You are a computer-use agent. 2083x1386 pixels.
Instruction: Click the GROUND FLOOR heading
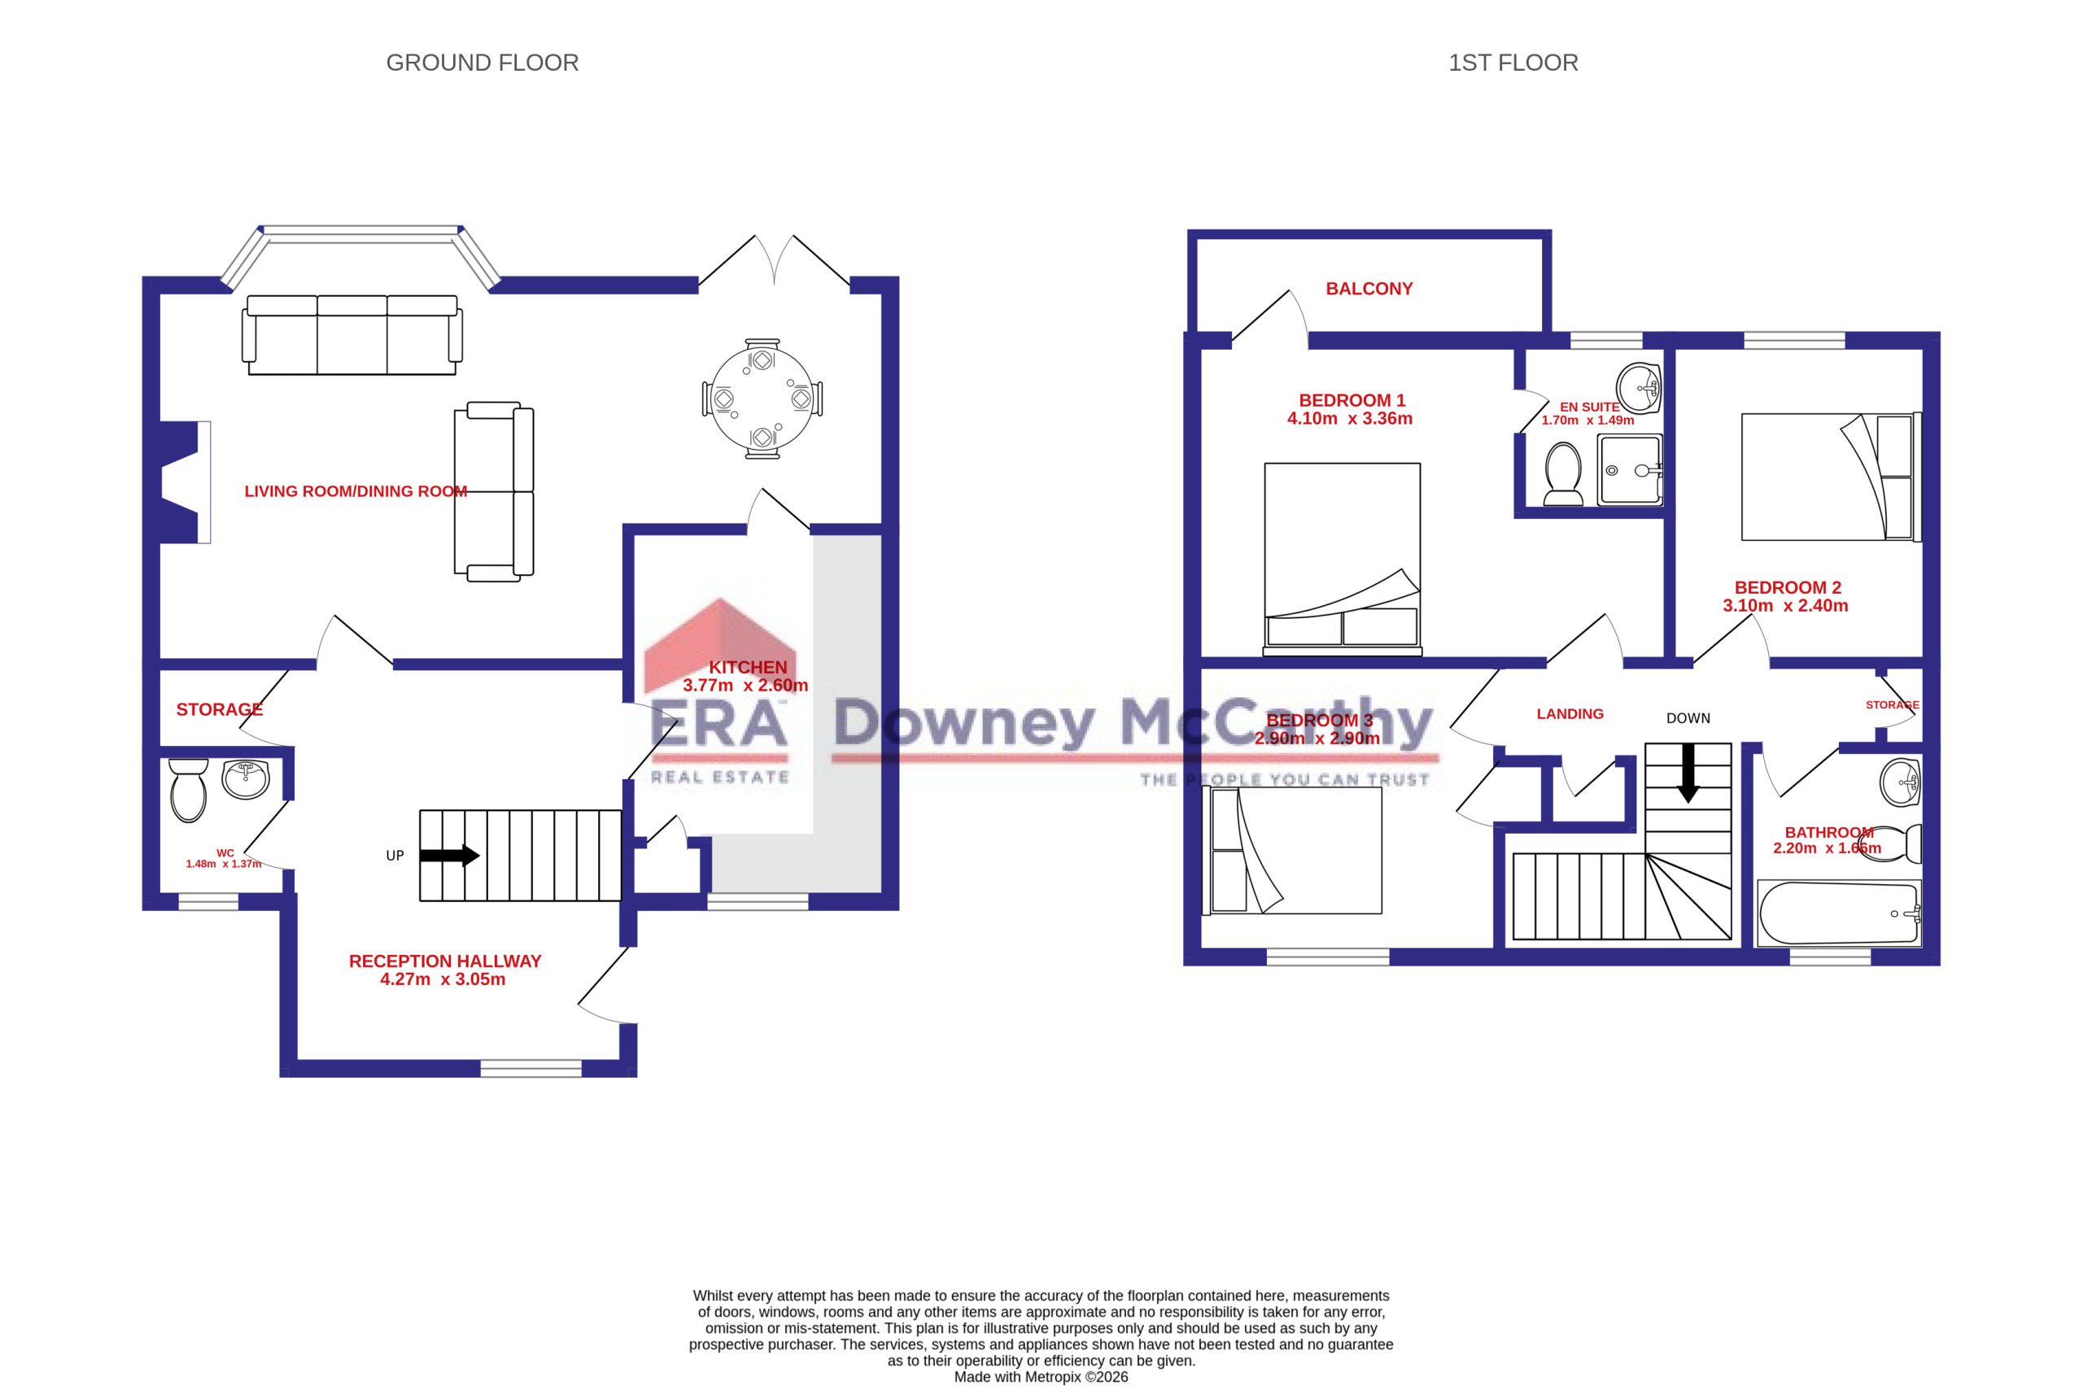(x=482, y=63)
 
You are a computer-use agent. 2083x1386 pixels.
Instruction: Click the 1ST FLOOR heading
(x=1513, y=63)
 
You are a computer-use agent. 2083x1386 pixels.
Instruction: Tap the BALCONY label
(x=1369, y=288)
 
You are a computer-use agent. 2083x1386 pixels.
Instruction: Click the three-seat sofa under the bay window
(x=352, y=335)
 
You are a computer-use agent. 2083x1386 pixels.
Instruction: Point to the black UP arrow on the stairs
(x=449, y=856)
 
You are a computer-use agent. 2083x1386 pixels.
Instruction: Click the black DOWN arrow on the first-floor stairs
(x=1688, y=773)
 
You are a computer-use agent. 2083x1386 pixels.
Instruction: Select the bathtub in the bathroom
(x=1839, y=913)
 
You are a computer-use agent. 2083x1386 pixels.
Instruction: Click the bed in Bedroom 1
(x=1342, y=559)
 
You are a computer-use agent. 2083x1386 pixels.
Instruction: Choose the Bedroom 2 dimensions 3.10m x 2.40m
(x=1785, y=605)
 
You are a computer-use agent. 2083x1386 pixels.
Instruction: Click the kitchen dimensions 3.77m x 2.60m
(x=745, y=685)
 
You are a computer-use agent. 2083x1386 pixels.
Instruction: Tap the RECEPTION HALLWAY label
(x=445, y=961)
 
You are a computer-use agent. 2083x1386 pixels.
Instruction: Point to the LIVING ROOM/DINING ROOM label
(x=356, y=491)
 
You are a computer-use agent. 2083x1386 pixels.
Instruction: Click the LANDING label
(x=1570, y=713)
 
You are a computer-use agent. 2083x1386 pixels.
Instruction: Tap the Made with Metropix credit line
(x=1041, y=1376)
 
